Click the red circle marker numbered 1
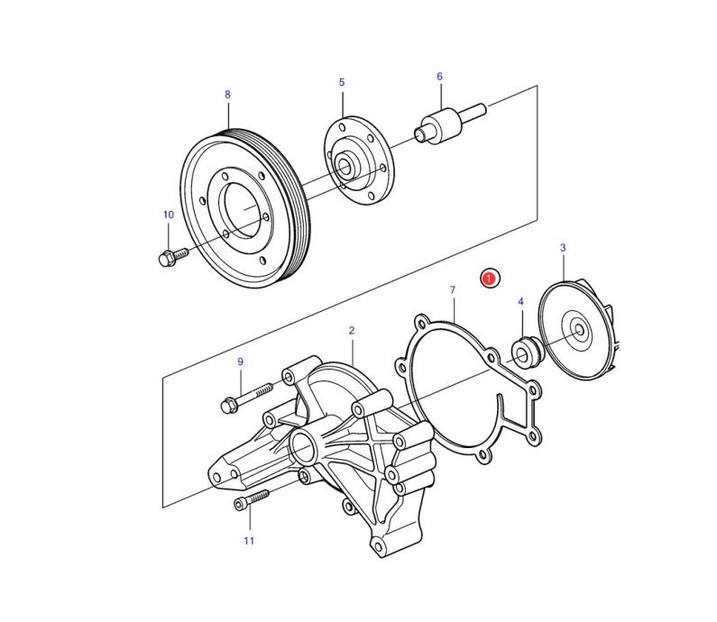[x=489, y=279]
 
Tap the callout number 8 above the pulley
[x=227, y=94]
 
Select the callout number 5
[x=342, y=82]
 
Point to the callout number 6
[x=439, y=77]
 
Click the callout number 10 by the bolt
[x=168, y=215]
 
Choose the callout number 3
[x=563, y=247]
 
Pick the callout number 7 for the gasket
[x=453, y=289]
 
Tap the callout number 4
[x=520, y=301]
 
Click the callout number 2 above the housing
[x=352, y=331]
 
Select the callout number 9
[x=241, y=361]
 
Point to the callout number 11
[x=249, y=541]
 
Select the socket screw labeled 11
[x=251, y=499]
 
